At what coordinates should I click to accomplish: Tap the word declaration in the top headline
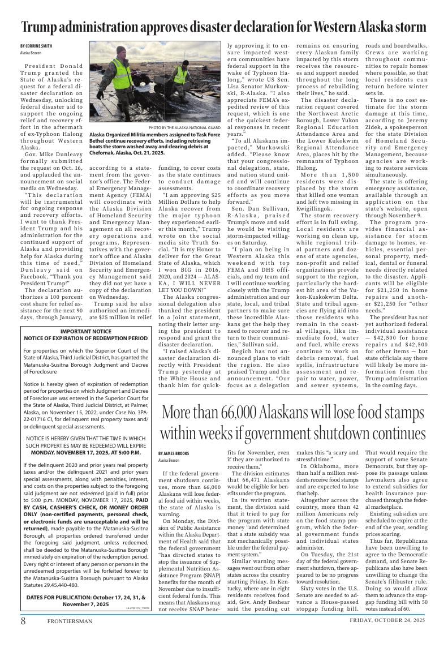click(272, 27)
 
